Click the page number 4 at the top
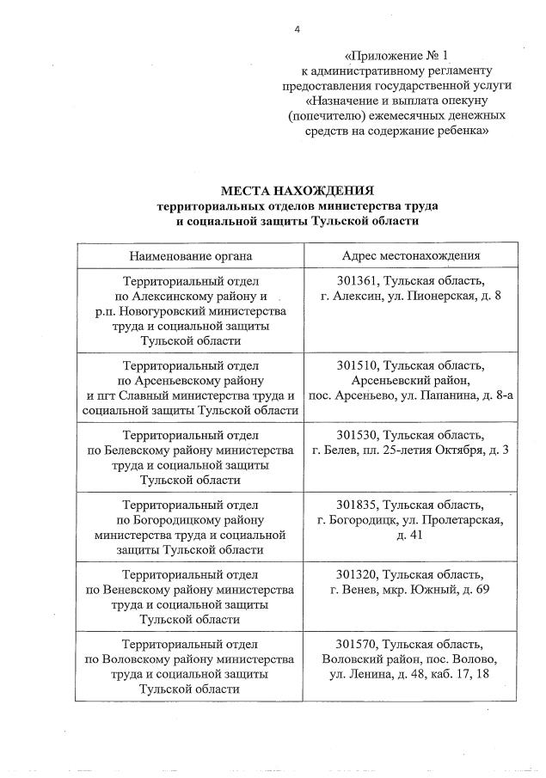297,29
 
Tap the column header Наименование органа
191,255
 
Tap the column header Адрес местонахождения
410,255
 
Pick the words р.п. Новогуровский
158,312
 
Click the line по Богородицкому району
191,520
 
